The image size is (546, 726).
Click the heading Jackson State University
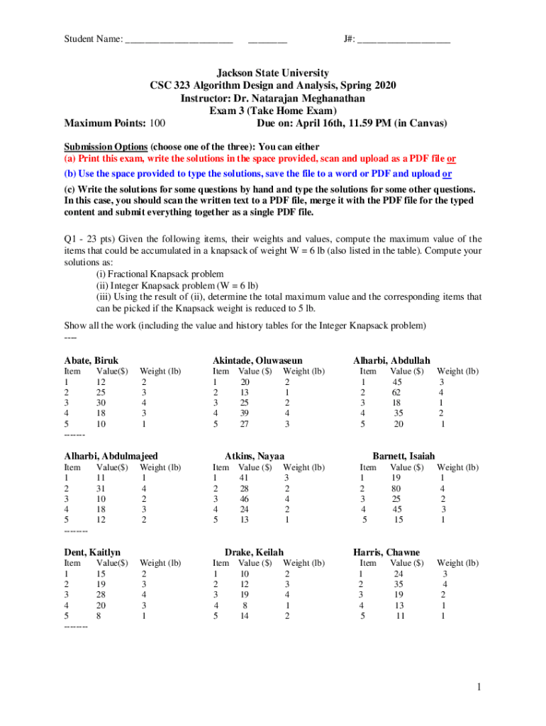[x=273, y=73]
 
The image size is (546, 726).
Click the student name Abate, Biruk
[x=91, y=360]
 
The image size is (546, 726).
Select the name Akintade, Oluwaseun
[x=262, y=360]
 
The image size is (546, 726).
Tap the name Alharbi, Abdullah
[x=391, y=360]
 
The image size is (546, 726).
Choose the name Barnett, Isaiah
[x=403, y=456]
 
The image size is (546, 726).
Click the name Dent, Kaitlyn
[x=92, y=552]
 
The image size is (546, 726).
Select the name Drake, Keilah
[x=254, y=552]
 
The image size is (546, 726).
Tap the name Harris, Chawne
[x=386, y=552]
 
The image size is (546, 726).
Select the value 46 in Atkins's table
[x=245, y=499]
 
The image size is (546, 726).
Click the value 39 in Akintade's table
[x=245, y=414]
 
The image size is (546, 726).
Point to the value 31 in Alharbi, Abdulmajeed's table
[x=101, y=488]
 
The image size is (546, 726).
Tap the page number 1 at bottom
[x=479, y=687]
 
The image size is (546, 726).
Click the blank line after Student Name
[x=179, y=39]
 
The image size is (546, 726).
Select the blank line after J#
[x=403, y=39]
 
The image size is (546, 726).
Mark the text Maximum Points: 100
[x=115, y=123]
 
